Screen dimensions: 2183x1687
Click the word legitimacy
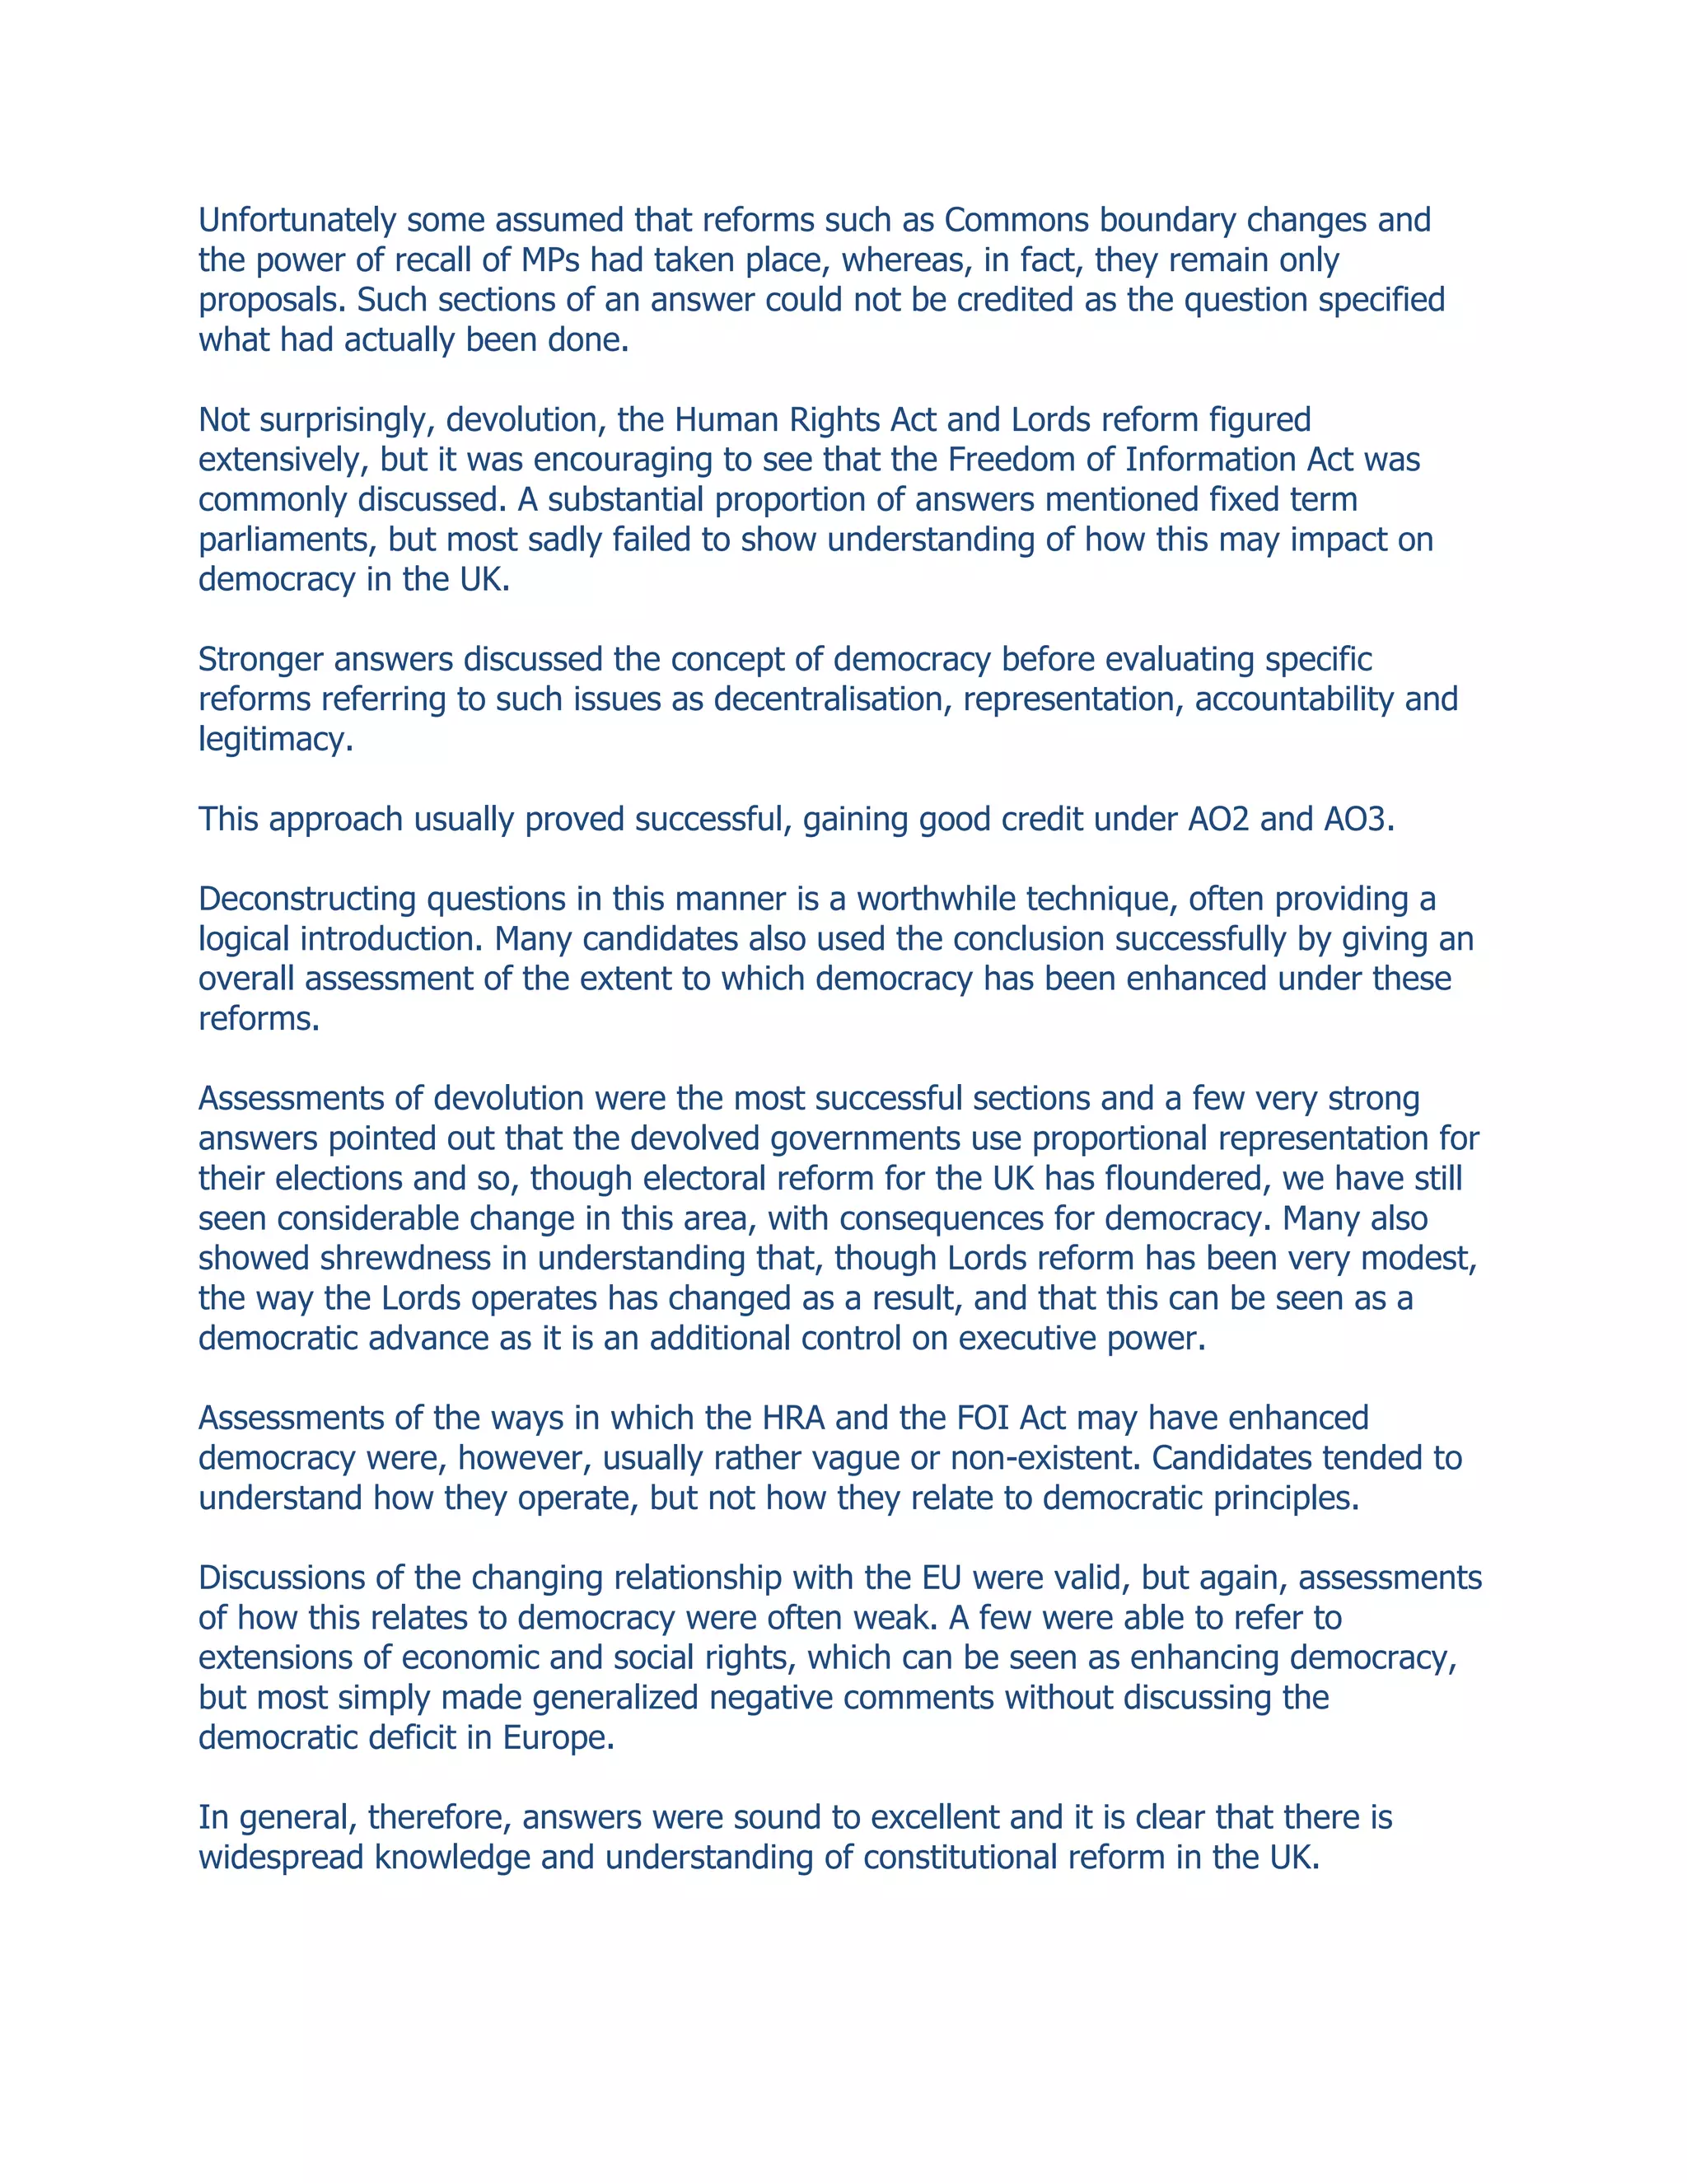coord(275,740)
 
